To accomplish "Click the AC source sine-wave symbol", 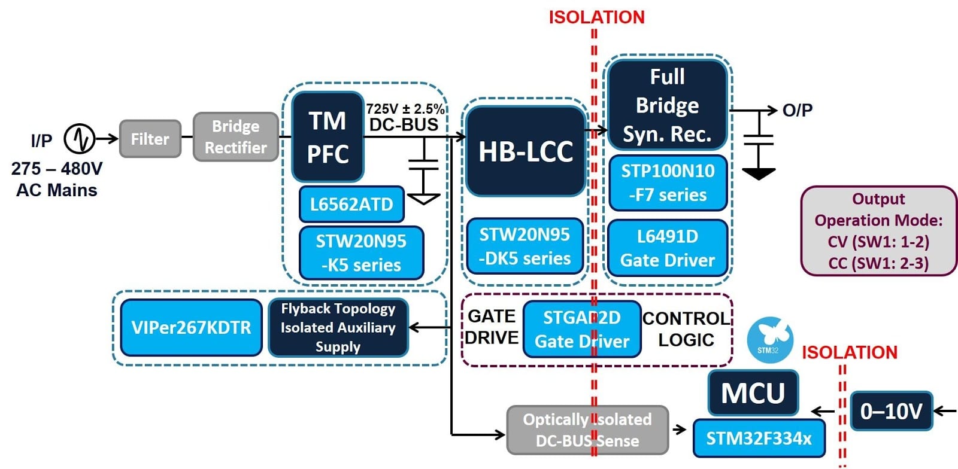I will pos(80,139).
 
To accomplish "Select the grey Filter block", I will pos(150,139).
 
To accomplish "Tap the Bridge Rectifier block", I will pos(236,137).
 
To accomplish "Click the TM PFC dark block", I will pos(328,137).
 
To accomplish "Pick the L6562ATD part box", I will pos(351,204).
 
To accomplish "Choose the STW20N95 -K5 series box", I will pos(361,252).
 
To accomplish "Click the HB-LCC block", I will pos(526,151).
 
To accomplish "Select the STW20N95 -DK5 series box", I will pos(525,246).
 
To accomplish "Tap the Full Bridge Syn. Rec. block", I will pos(667,105).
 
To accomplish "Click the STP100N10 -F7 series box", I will pos(668,182).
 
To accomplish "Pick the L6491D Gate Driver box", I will pos(668,248).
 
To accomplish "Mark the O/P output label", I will pos(797,110).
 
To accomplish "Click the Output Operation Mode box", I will pos(878,231).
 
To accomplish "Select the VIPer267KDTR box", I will pos(191,327).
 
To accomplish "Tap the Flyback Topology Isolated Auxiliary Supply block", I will pos(338,327).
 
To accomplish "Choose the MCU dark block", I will pos(753,393).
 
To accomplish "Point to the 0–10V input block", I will pos(891,411).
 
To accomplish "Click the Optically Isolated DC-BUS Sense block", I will pos(587,430).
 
